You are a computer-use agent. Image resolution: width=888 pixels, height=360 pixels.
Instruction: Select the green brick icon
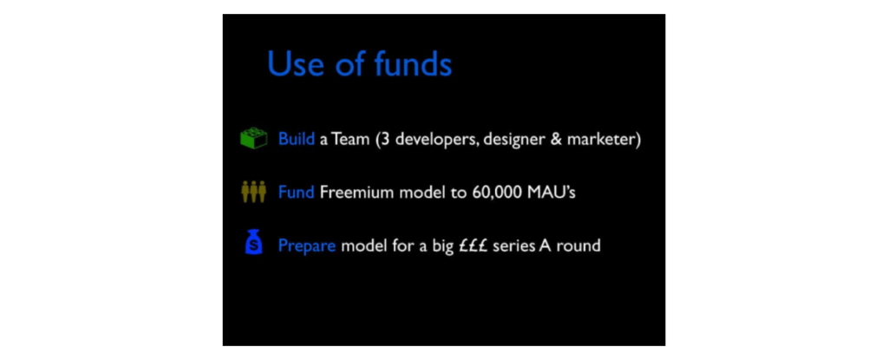[x=254, y=138]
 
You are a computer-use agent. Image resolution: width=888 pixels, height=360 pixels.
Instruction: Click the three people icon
[x=254, y=193]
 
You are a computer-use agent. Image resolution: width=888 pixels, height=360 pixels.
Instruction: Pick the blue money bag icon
[x=254, y=242]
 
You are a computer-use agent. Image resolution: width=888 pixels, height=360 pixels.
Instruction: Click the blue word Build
[x=297, y=139]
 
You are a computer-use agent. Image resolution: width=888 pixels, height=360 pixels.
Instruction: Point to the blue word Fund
[x=297, y=193]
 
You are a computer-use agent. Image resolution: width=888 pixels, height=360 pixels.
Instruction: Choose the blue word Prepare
[x=307, y=247]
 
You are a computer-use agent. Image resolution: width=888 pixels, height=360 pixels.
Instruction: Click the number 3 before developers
[x=385, y=140]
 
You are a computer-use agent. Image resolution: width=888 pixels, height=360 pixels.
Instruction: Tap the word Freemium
[x=356, y=193]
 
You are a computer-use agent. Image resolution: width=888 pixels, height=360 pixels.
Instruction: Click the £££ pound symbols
[x=473, y=246]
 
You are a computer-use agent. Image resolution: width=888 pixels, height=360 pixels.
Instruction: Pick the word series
[x=509, y=247]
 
